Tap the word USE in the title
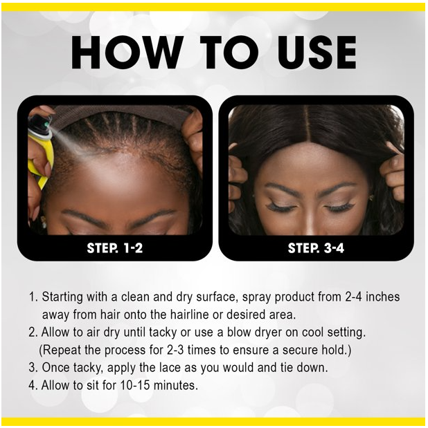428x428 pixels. [316, 52]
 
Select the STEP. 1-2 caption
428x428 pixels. [115, 248]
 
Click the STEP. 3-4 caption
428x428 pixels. [316, 248]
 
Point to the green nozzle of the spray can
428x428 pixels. [47, 124]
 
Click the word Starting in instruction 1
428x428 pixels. [62, 297]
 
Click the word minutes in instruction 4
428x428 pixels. [176, 385]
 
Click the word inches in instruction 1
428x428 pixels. [382, 297]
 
